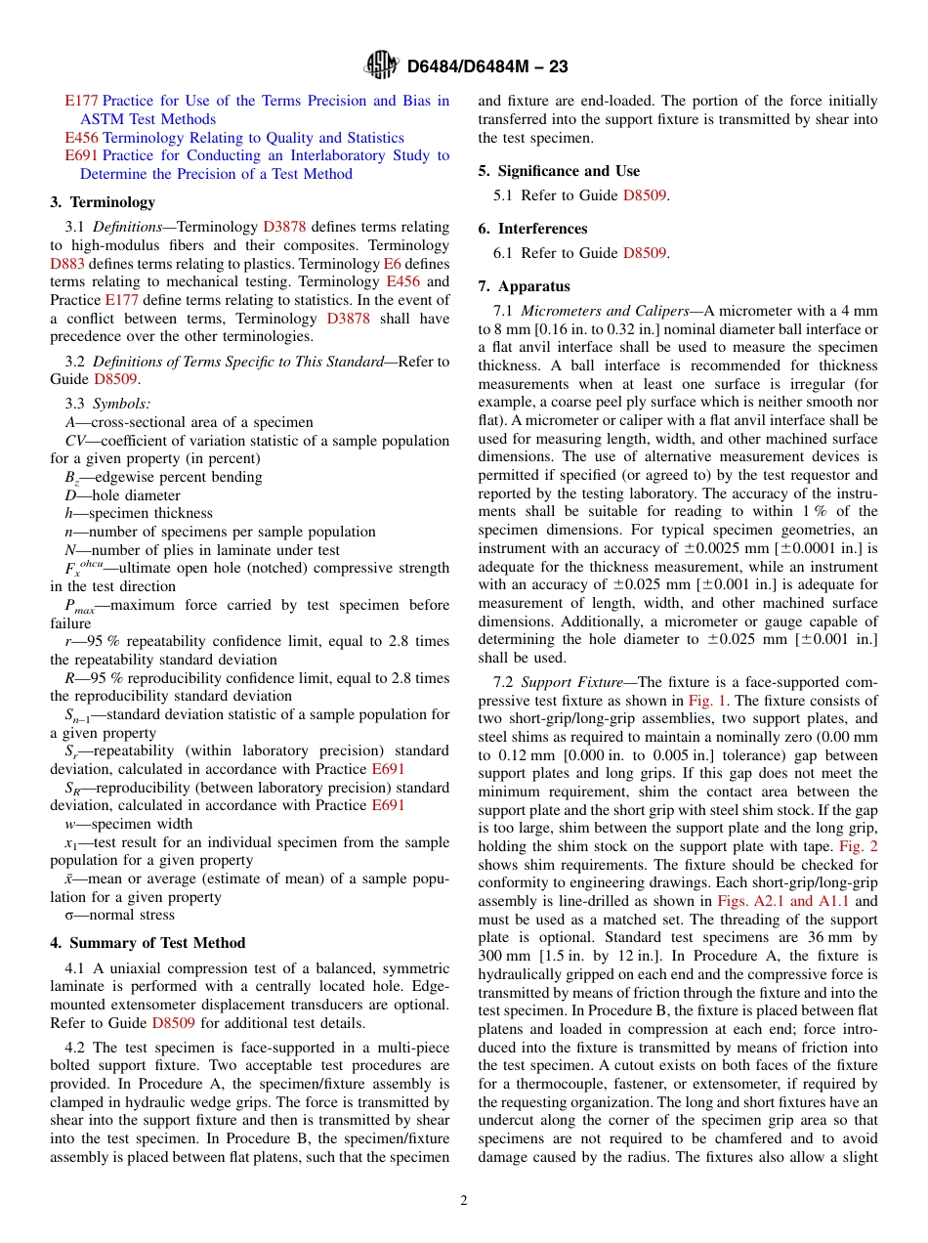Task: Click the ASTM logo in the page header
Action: click(381, 65)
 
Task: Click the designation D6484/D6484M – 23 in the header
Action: click(486, 66)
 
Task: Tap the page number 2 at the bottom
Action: click(464, 1201)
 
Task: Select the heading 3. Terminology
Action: click(103, 202)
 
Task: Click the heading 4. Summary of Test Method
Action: click(148, 943)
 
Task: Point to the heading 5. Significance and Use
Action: click(559, 171)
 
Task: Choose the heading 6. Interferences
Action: click(532, 229)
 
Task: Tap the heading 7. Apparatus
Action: click(525, 286)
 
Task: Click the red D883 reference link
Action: click(67, 264)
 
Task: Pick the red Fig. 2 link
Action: click(860, 846)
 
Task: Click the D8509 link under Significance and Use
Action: click(645, 195)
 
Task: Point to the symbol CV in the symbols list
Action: click(74, 441)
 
